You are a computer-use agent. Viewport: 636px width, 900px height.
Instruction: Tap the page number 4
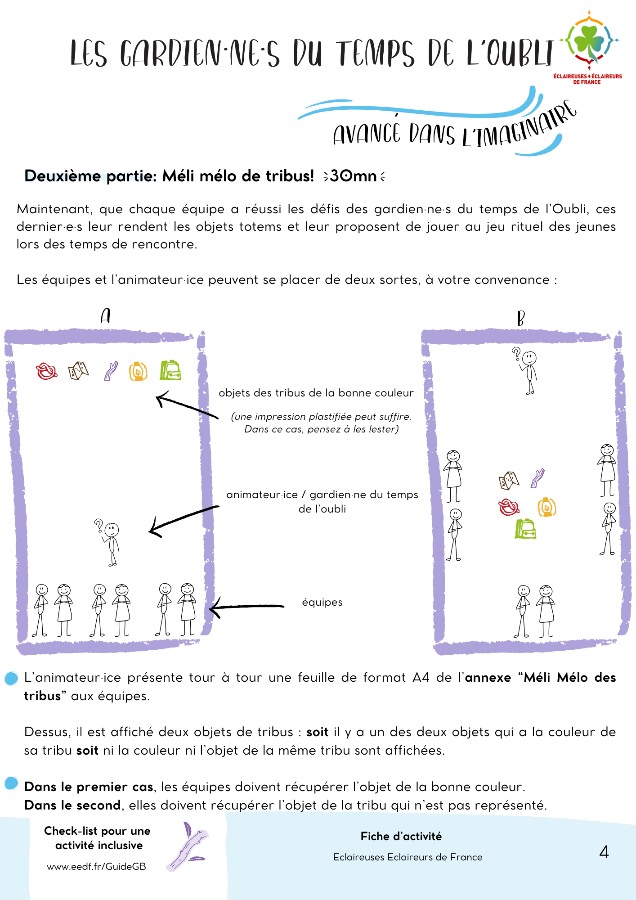[604, 852]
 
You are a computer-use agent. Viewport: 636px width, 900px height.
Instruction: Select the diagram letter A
[106, 316]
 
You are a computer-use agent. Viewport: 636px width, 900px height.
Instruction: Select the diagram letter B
[521, 318]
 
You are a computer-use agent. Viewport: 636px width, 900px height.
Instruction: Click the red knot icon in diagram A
[46, 372]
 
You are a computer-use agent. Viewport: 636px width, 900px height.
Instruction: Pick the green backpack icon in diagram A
[170, 370]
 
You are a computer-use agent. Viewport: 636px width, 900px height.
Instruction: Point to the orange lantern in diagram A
[138, 372]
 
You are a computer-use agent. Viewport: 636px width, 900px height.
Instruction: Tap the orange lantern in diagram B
[547, 507]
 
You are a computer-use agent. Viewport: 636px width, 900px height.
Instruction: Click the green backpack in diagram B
[525, 529]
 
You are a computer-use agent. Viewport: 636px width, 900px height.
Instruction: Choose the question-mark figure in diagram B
[528, 370]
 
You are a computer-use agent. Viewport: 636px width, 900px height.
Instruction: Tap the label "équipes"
[322, 602]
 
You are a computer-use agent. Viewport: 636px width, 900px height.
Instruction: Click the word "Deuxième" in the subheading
[63, 176]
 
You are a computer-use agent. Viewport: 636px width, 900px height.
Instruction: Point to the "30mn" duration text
[354, 176]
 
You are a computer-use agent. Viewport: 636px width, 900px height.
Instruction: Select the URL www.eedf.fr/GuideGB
[96, 866]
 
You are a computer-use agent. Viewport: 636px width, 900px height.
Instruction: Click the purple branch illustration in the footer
[187, 846]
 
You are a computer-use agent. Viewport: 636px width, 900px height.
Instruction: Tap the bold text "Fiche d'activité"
[401, 836]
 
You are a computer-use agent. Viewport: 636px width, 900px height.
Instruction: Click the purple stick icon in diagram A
[111, 371]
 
